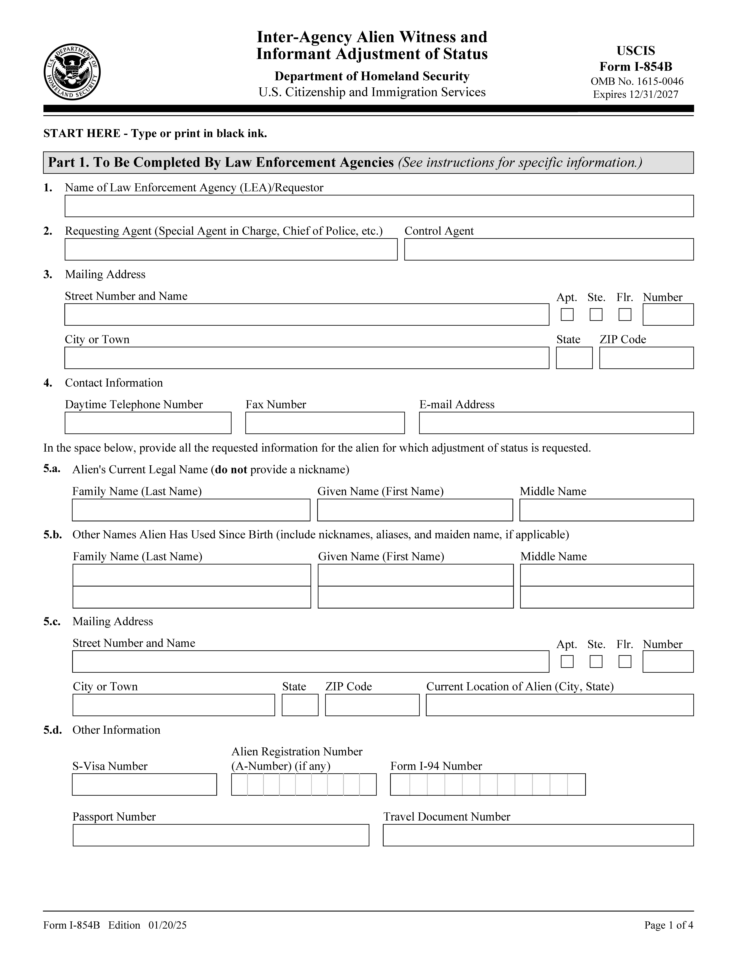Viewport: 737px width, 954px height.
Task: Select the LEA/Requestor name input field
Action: [x=379, y=206]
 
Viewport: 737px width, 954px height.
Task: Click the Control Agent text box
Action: [x=549, y=249]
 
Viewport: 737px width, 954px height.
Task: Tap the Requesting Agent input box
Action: [x=231, y=249]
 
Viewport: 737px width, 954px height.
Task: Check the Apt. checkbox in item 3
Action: [x=567, y=314]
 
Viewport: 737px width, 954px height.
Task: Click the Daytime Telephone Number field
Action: [x=148, y=423]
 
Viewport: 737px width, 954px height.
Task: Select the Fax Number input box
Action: [x=325, y=423]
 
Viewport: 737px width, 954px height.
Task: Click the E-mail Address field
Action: [x=556, y=423]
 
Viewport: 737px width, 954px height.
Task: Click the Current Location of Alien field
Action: [x=560, y=705]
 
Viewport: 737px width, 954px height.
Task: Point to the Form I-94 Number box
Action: [x=488, y=784]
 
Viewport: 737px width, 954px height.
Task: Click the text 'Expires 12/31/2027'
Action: [x=636, y=94]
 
